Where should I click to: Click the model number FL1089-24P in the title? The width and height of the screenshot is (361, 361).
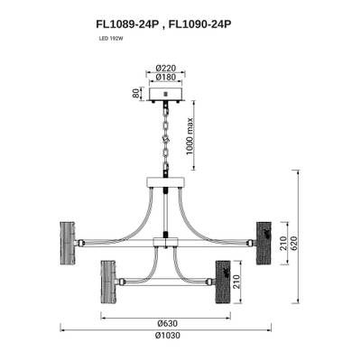[x=127, y=24]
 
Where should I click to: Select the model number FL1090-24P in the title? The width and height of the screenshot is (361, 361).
[x=200, y=24]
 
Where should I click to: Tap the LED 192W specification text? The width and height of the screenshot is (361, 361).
[x=111, y=39]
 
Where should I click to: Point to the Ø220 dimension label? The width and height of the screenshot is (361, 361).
[x=166, y=69]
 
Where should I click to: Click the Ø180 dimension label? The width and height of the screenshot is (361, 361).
[x=166, y=77]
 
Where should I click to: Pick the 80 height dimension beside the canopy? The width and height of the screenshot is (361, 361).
[x=137, y=94]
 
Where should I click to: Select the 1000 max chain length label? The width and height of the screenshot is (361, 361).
[x=190, y=136]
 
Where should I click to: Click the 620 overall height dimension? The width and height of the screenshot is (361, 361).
[x=293, y=245]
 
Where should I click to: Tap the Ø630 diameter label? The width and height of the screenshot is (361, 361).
[x=168, y=323]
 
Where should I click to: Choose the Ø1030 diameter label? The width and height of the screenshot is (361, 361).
[x=168, y=335]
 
